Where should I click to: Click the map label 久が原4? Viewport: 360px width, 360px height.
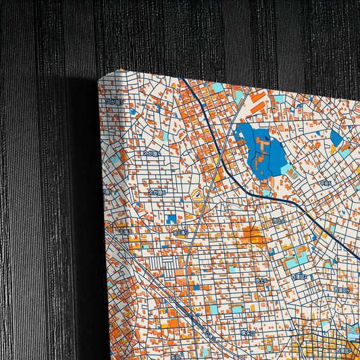click(154, 154)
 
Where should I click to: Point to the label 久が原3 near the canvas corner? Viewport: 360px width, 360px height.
click(115, 103)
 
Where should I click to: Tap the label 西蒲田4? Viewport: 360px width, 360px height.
click(341, 290)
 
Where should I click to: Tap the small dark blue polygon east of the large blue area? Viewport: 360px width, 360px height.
click(336, 138)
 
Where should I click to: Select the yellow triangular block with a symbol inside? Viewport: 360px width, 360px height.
click(198, 196)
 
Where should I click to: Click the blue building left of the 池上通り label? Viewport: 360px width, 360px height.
click(171, 219)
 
